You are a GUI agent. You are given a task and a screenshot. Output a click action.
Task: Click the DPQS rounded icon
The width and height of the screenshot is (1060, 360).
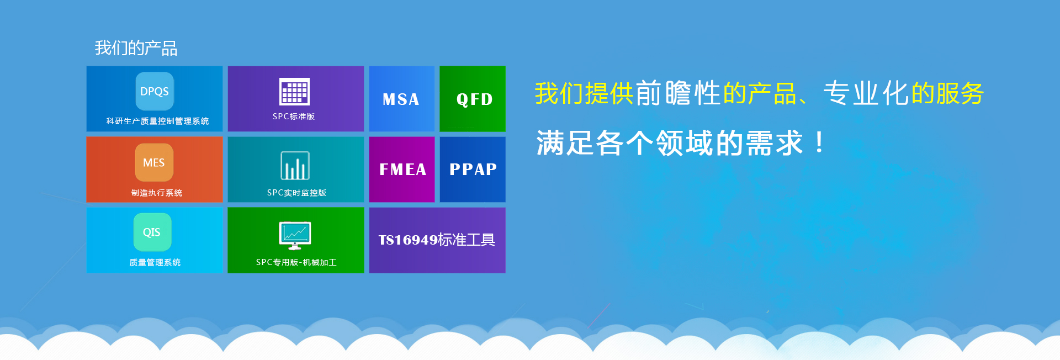pyautogui.click(x=155, y=91)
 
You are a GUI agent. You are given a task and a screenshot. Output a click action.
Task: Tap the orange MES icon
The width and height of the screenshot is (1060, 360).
pyautogui.click(x=154, y=162)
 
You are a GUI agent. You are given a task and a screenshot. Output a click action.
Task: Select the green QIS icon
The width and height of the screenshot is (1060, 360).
pyautogui.click(x=152, y=232)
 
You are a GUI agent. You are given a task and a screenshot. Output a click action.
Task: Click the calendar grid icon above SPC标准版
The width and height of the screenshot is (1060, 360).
pyautogui.click(x=295, y=92)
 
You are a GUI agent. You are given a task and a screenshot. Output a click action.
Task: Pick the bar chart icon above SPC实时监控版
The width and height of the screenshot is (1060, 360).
pyautogui.click(x=295, y=166)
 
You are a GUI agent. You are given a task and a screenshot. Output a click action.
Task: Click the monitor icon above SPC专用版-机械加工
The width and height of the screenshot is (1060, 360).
pyautogui.click(x=295, y=236)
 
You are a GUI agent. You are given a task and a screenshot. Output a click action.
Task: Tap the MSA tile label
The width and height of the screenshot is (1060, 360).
pyautogui.click(x=401, y=99)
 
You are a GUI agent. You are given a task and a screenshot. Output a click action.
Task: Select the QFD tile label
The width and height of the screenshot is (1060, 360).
pyautogui.click(x=474, y=99)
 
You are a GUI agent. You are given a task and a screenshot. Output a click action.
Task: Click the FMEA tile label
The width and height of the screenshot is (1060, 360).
pyautogui.click(x=402, y=170)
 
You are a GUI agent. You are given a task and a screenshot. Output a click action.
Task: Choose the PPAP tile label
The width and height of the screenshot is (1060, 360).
pyautogui.click(x=473, y=169)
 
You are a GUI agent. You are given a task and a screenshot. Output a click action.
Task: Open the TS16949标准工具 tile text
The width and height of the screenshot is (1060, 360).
pyautogui.click(x=437, y=240)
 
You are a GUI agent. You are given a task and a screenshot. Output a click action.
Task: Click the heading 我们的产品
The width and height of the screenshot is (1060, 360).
pyautogui.click(x=136, y=48)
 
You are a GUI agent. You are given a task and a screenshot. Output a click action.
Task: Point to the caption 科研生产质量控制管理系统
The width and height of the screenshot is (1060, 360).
pyautogui.click(x=157, y=121)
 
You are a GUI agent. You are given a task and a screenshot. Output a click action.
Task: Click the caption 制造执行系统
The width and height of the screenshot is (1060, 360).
pyautogui.click(x=157, y=193)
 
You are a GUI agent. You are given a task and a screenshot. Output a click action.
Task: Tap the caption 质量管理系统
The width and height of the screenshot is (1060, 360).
pyautogui.click(x=155, y=262)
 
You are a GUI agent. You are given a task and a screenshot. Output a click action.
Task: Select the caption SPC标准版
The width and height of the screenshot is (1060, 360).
pyautogui.click(x=294, y=117)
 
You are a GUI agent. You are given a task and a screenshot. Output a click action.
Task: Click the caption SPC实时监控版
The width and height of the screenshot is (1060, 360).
pyautogui.click(x=296, y=193)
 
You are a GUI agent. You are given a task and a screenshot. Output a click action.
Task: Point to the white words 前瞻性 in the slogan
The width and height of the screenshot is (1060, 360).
pyautogui.click(x=678, y=93)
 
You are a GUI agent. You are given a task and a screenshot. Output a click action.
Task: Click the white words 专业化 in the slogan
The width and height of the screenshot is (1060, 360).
pyautogui.click(x=866, y=93)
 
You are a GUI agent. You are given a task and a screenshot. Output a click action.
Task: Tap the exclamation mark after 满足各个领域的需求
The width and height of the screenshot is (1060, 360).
pyautogui.click(x=819, y=142)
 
